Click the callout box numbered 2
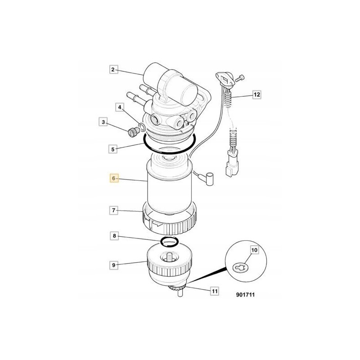pyautogui.click(x=113, y=69)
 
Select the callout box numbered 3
pyautogui.click(x=103, y=122)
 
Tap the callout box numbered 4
pyautogui.click(x=119, y=107)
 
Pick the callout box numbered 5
pyautogui.click(x=113, y=148)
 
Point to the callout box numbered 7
pyautogui.click(x=113, y=210)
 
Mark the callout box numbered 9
pyautogui.click(x=113, y=265)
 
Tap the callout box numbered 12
pyautogui.click(x=256, y=94)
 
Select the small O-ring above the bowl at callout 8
pyautogui.click(x=168, y=242)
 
